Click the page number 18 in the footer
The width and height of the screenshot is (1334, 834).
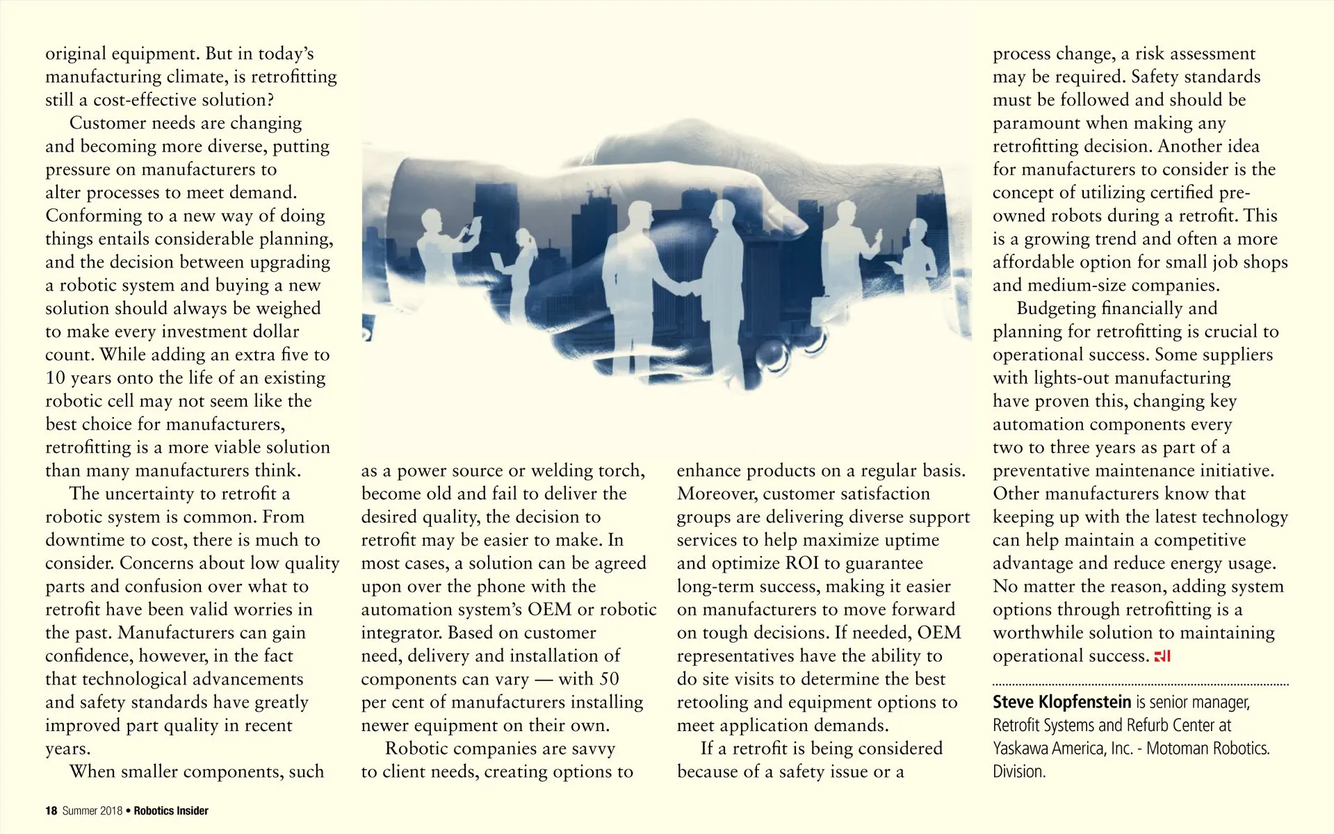(x=51, y=810)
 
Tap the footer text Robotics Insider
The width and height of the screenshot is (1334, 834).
(x=171, y=810)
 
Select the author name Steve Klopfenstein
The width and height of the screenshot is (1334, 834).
(x=1061, y=702)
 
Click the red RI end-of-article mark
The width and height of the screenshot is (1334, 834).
(x=1162, y=656)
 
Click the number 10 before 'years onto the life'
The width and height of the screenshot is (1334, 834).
(x=55, y=378)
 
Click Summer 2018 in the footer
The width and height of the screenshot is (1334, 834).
(x=92, y=810)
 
